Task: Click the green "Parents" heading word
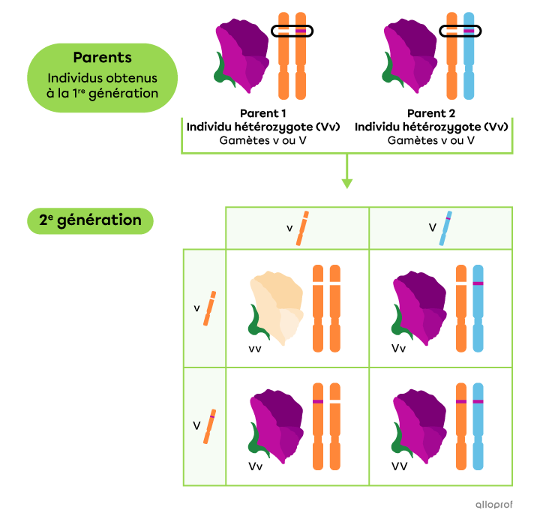pos(103,58)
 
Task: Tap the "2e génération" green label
pos(90,220)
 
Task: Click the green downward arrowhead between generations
pos(346,182)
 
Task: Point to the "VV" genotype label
pos(400,466)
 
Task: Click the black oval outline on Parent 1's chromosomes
pos(292,31)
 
